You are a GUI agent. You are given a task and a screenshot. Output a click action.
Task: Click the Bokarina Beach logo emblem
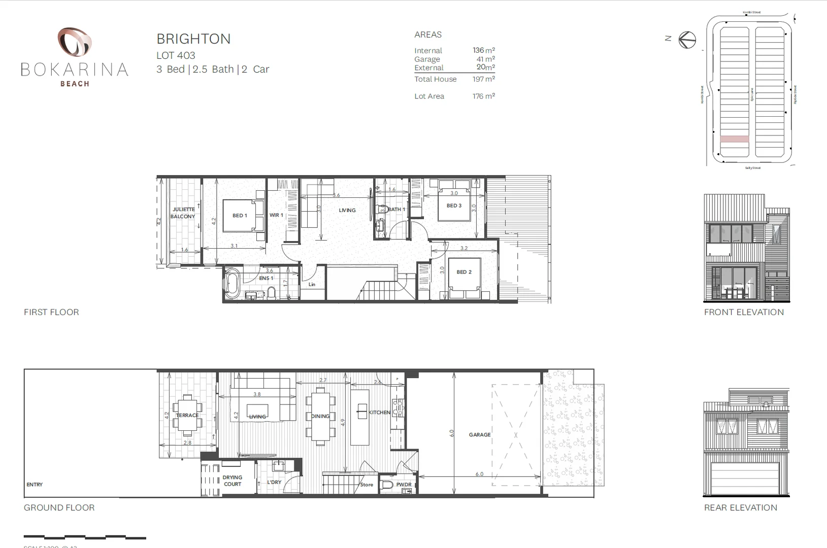[74, 42]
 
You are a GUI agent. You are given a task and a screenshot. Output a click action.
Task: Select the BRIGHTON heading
[193, 39]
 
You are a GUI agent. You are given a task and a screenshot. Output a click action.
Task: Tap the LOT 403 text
[176, 55]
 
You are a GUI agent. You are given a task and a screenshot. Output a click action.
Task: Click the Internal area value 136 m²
[483, 50]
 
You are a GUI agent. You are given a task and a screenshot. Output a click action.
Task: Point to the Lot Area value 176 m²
[483, 96]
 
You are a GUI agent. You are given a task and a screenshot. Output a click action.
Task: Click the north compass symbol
[687, 40]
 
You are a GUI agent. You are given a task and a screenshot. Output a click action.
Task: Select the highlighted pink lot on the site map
[734, 139]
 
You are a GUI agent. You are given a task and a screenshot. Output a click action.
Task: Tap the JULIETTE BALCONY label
[183, 213]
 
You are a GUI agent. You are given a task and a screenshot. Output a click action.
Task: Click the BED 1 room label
[240, 216]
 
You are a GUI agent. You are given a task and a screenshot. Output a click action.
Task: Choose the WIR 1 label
[276, 215]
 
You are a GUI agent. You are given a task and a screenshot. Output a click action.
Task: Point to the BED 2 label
[464, 272]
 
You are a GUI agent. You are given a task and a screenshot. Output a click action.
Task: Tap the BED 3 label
[454, 205]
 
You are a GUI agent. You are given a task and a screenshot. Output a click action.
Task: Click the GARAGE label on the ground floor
[479, 435]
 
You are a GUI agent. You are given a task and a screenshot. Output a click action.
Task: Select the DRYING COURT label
[233, 481]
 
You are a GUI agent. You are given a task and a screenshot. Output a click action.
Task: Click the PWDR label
[404, 485]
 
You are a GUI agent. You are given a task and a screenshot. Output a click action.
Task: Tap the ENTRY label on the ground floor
[35, 485]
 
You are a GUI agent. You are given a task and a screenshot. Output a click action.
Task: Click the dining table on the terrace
[187, 415]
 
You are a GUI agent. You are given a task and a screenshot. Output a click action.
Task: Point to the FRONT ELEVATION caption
[743, 312]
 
